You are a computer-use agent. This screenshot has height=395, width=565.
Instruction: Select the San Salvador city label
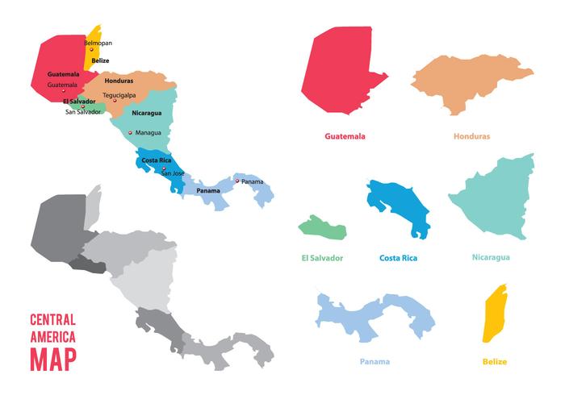83,112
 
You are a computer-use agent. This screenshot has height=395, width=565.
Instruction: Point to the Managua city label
149,132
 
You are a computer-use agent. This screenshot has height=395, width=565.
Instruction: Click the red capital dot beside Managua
131,132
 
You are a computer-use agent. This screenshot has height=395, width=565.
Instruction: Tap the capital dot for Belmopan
91,49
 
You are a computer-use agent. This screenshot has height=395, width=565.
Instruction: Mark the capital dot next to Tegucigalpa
115,101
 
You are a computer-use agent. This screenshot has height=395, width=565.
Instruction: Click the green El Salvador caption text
320,258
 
